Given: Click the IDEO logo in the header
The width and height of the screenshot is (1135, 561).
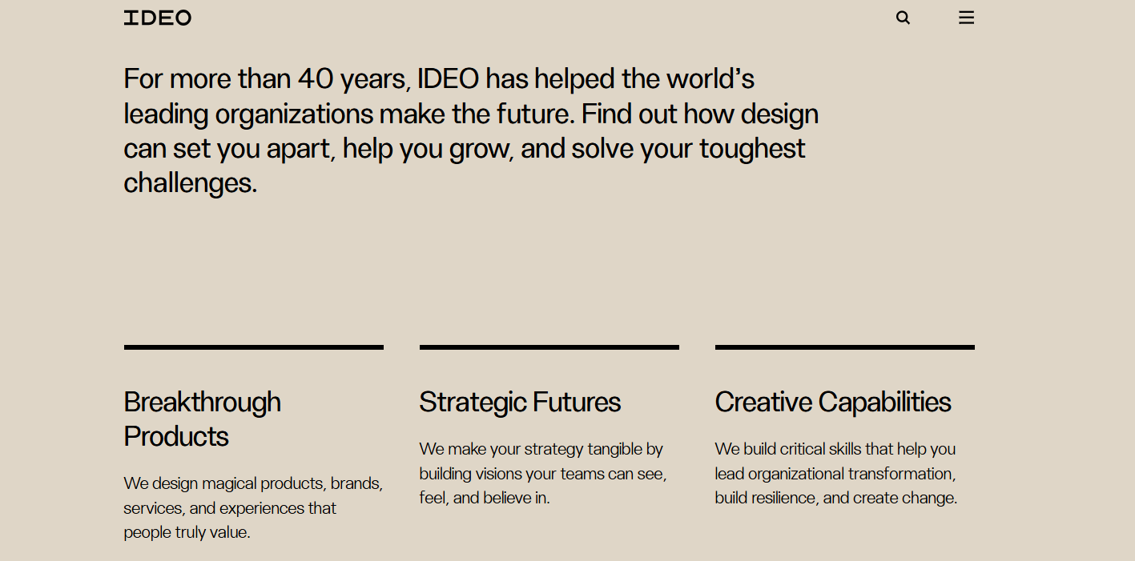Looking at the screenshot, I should (x=158, y=18).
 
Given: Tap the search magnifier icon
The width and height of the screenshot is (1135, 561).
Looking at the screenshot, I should (x=903, y=18).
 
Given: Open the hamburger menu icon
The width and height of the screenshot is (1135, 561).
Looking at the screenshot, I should (x=966, y=18).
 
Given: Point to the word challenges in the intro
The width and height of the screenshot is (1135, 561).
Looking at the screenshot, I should (x=190, y=183).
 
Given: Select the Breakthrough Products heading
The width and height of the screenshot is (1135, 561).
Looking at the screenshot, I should (x=203, y=419).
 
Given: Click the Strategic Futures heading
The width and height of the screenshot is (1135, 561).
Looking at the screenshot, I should (x=520, y=402).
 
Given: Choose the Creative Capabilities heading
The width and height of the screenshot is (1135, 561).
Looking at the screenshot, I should (x=833, y=402).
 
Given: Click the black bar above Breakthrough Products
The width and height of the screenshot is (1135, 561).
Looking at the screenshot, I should (x=254, y=347).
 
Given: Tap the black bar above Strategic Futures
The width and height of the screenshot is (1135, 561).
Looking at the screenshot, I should (x=549, y=347).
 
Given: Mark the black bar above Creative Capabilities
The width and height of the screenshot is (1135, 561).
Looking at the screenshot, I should (x=845, y=347).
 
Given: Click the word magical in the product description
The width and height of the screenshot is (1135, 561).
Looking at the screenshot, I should (x=229, y=483).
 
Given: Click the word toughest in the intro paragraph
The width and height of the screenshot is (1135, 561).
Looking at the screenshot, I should (x=752, y=149).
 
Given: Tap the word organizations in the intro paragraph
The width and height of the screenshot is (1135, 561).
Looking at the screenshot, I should (x=294, y=114).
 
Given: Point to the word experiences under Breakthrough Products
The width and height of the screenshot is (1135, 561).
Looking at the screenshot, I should (x=263, y=508).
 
